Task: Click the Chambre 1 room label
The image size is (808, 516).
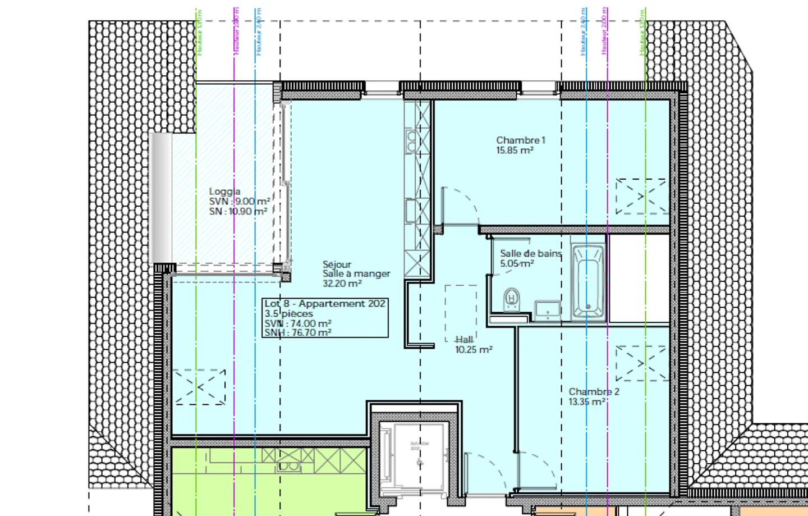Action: pos(520,140)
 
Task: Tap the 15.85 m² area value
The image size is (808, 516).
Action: pos(515,150)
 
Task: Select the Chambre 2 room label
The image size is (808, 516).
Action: pos(594,391)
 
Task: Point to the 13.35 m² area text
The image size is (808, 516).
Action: pos(587,402)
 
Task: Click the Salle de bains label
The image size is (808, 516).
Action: pos(530,254)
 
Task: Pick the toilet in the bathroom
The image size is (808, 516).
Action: pos(511,298)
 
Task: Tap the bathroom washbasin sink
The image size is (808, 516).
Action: pos(547,309)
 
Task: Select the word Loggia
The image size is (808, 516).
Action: pos(224,191)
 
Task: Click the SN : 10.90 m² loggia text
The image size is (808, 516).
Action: pos(238,212)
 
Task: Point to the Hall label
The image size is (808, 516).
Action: pos(464,340)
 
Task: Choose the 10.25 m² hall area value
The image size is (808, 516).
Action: pos(474,350)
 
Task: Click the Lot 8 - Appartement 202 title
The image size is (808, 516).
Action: pos(325,304)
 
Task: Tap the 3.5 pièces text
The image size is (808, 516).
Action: pos(289,314)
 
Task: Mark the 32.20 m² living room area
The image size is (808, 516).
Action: pos(342,284)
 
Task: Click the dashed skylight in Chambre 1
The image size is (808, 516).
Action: pos(641,197)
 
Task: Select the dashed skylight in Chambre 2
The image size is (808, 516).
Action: pos(641,363)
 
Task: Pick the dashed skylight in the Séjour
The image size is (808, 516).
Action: pos(199,387)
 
